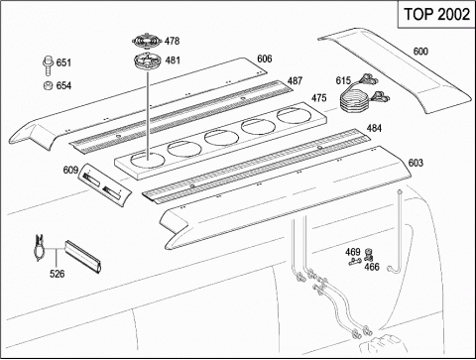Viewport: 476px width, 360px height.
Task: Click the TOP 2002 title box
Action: point(436,15)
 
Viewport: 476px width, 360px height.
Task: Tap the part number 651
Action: point(63,62)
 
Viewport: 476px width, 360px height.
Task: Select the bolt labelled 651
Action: point(48,66)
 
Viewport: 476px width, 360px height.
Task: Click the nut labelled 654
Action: point(48,85)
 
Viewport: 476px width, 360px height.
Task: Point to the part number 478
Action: point(172,41)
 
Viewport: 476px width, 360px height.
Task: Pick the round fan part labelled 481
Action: point(147,61)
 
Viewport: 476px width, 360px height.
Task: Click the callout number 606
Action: point(265,59)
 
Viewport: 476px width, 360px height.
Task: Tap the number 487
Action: point(295,81)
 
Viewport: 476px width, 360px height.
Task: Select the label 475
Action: point(319,98)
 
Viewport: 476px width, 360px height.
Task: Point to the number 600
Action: point(420,52)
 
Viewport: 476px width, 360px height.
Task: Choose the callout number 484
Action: point(374,128)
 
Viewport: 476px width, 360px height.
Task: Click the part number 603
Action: point(416,163)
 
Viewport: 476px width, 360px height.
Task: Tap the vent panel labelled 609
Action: point(104,184)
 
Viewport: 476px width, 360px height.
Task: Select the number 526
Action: point(58,274)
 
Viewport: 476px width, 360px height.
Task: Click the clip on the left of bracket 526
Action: point(40,247)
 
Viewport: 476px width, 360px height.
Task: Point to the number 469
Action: point(353,252)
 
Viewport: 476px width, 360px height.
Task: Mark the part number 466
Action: point(372,267)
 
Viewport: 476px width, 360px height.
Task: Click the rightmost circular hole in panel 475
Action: point(295,116)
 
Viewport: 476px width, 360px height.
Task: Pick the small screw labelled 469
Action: point(355,261)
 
